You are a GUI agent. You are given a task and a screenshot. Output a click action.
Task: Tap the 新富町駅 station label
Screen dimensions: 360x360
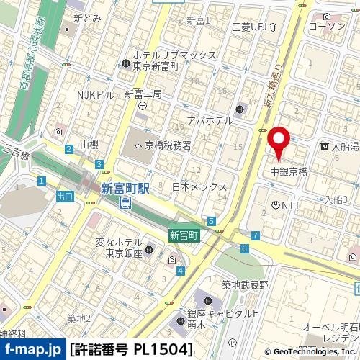pos(125,189)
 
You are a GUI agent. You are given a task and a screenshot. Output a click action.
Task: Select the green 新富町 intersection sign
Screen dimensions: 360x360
pos(184,235)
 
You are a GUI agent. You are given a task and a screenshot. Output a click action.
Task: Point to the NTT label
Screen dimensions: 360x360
pos(291,206)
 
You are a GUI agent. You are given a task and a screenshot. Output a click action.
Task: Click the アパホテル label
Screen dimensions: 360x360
pos(209,120)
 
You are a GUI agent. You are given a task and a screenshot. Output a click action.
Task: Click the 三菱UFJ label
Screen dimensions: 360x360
pos(250,27)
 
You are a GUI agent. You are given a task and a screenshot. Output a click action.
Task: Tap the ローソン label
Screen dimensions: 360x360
pos(326,27)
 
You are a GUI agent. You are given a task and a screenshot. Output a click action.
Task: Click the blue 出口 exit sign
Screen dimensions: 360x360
pos(64,196)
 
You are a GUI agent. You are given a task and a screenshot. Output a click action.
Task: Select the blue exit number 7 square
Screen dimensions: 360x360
pos(256,235)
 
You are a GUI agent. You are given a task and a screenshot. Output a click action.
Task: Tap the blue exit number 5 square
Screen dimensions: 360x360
pos(211,220)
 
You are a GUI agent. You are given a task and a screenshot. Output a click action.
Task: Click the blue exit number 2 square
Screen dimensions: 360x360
pos(68,149)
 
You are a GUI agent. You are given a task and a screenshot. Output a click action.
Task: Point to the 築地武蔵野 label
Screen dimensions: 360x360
pos(245,285)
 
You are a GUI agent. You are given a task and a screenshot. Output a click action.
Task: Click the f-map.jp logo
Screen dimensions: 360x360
pos(32,351)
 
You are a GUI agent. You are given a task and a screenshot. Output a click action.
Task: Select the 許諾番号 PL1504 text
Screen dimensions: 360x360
pos(131,351)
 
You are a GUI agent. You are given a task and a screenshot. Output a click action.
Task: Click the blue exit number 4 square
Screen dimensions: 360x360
pos(180,271)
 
